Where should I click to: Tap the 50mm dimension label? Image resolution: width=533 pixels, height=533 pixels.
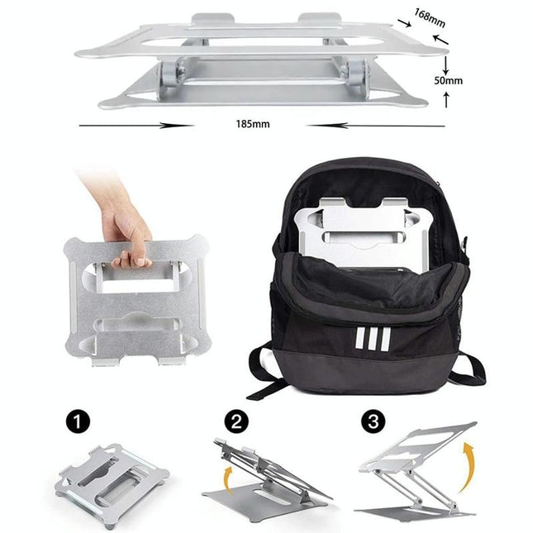click(447, 81)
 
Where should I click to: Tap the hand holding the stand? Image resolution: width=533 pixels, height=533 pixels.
click(124, 223)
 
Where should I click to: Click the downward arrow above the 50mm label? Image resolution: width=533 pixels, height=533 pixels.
click(446, 64)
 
